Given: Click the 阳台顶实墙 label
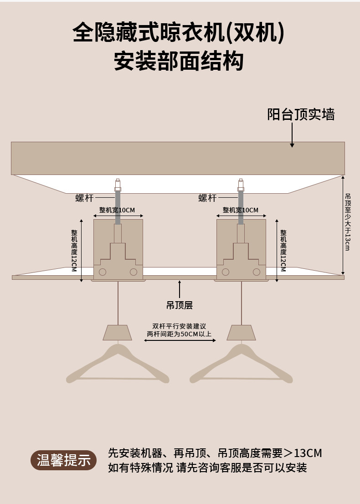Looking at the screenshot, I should (x=301, y=114).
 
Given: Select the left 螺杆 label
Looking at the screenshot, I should (x=84, y=198).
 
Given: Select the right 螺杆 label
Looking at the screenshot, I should (x=207, y=198).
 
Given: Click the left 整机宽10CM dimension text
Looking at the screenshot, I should (x=117, y=210).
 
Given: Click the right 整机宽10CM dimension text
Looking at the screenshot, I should (x=240, y=210).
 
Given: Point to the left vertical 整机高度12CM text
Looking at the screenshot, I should (x=74, y=251).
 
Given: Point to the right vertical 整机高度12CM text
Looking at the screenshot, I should (x=283, y=251).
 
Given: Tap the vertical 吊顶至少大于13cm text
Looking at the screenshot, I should (x=348, y=222).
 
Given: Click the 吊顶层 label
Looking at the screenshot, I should (x=180, y=305).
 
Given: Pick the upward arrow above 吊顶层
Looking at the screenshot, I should (x=180, y=289).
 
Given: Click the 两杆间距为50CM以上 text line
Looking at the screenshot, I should (x=179, y=334).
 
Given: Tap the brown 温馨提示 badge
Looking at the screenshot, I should (x=63, y=460).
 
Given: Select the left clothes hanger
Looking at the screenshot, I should (x=118, y=365).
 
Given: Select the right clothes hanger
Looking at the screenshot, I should (x=241, y=365).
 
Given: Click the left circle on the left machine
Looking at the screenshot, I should (x=103, y=272).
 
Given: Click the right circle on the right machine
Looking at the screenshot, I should (x=257, y=272).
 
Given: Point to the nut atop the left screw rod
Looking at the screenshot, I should (x=118, y=189).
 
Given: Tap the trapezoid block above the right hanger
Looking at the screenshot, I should (x=241, y=333).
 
